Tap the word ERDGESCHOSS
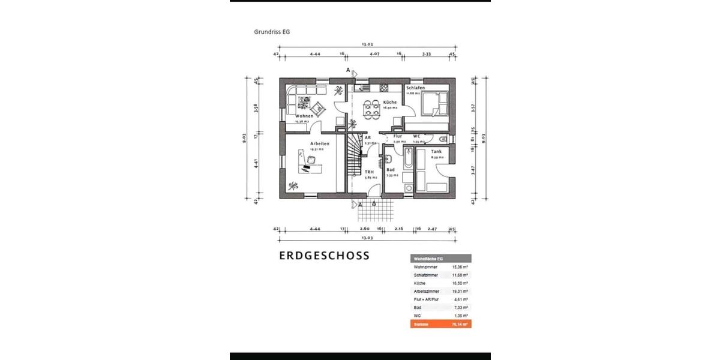point(324,255)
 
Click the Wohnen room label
point(304,116)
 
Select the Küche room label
point(389,102)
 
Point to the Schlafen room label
point(415,88)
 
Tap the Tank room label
point(436,151)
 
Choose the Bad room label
point(390,170)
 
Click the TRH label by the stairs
point(370,172)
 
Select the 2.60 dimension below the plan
point(364,229)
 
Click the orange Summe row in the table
point(440,323)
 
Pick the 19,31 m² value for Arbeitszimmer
point(460,291)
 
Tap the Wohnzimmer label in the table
point(425,266)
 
